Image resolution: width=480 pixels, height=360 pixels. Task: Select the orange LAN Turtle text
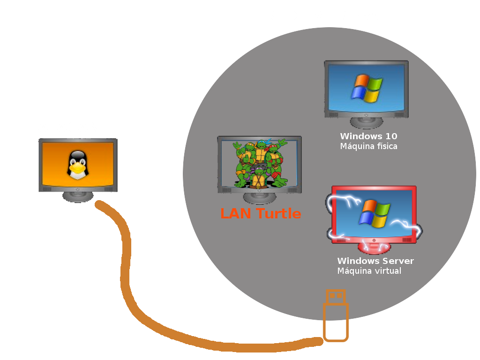pyautogui.click(x=260, y=214)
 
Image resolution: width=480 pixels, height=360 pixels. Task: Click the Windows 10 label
pyautogui.click(x=368, y=136)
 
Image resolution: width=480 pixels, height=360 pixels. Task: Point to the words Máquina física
pyautogui.click(x=368, y=146)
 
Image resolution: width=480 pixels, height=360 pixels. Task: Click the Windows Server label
pyautogui.click(x=375, y=261)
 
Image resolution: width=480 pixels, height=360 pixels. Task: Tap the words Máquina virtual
pyautogui.click(x=369, y=271)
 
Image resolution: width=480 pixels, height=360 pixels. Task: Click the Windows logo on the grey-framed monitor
pyautogui.click(x=367, y=88)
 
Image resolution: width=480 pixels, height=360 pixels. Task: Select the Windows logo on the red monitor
pyautogui.click(x=374, y=214)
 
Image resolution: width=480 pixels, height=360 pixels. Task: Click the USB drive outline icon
pyautogui.click(x=336, y=316)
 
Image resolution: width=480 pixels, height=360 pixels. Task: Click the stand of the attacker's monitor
pyautogui.click(x=78, y=197)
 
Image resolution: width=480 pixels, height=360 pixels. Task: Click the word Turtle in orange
pyautogui.click(x=278, y=214)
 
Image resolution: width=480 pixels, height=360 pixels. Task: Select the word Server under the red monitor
pyautogui.click(x=399, y=261)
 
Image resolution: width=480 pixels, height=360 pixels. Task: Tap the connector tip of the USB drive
pyautogui.click(x=336, y=296)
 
